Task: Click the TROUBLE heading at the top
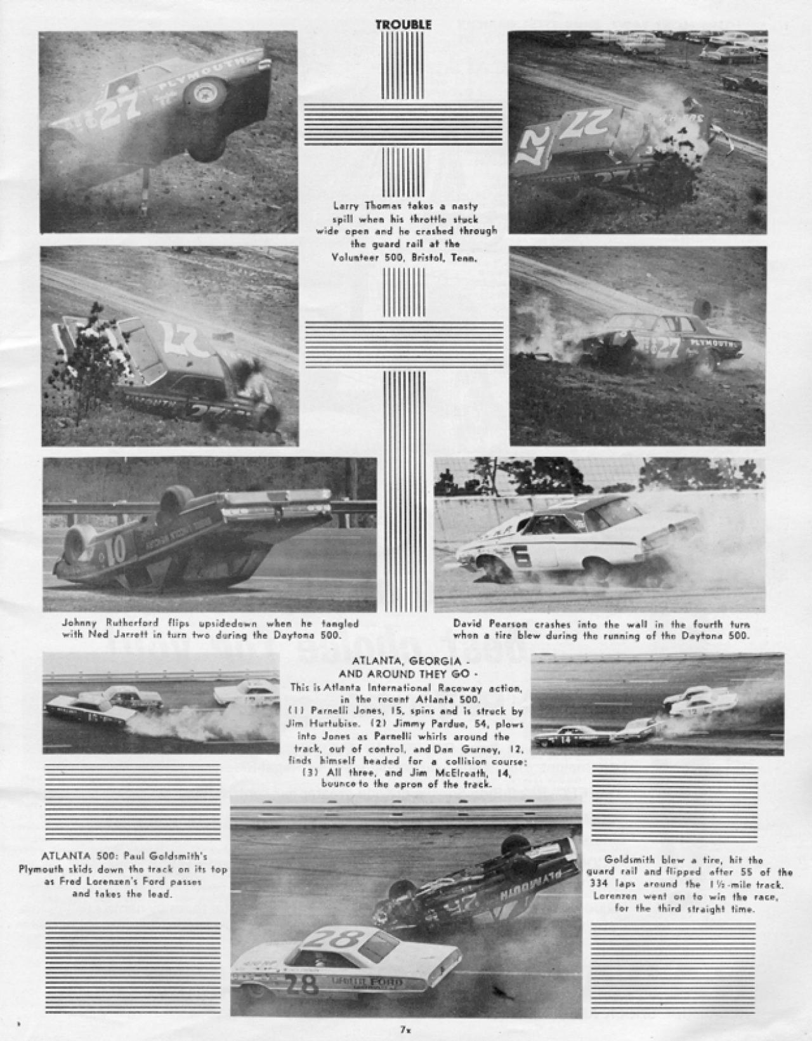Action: coord(403,25)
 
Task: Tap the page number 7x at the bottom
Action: coord(403,1030)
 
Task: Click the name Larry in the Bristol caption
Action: coord(346,206)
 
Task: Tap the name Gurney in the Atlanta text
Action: coord(476,749)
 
